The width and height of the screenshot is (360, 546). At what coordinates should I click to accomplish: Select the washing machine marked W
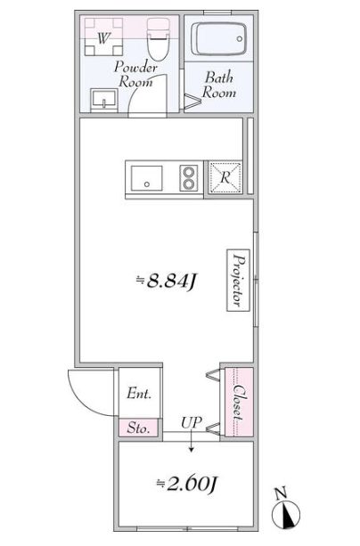[x=104, y=38]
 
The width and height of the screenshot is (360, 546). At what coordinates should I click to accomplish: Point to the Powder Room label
[x=136, y=75]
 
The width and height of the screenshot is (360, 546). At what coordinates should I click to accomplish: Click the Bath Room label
[x=219, y=85]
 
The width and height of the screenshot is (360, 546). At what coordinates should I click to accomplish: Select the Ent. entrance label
[x=138, y=393]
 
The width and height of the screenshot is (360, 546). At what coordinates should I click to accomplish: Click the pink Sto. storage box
[x=138, y=428]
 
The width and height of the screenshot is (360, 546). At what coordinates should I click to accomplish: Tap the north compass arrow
[x=288, y=515]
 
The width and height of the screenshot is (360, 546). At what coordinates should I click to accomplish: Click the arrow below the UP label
[x=190, y=434]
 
